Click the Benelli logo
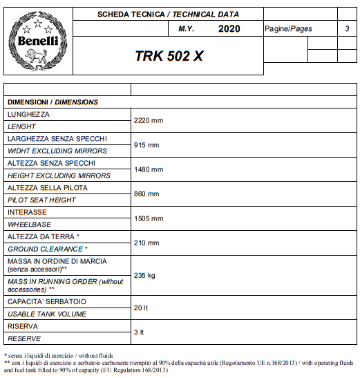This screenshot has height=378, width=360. pos(37,41)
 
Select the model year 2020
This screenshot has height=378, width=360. pos(229,28)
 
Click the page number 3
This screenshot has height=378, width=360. pos(346,28)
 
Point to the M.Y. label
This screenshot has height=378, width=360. pos(186,29)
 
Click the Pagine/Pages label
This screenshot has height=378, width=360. pos(288,29)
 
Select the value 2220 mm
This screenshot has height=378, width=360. pos(148,120)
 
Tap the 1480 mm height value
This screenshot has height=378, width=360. pos(148,169)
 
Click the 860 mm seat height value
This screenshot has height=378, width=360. pos(146,194)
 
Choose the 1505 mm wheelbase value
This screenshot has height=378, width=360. pos(148,218)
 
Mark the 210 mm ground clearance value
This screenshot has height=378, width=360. pos(146,243)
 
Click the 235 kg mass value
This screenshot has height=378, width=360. pos(144,275)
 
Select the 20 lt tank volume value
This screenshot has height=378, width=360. pos(141,308)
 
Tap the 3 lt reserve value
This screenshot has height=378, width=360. pos(139,332)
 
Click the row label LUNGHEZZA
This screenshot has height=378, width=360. pos(28,114)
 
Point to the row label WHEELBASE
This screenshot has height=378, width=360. pos(28,225)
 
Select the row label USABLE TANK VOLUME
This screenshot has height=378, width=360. pos(47,314)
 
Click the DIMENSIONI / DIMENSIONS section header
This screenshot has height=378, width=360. pos(53,102)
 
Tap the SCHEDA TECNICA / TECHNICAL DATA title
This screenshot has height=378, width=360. pos(168,13)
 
